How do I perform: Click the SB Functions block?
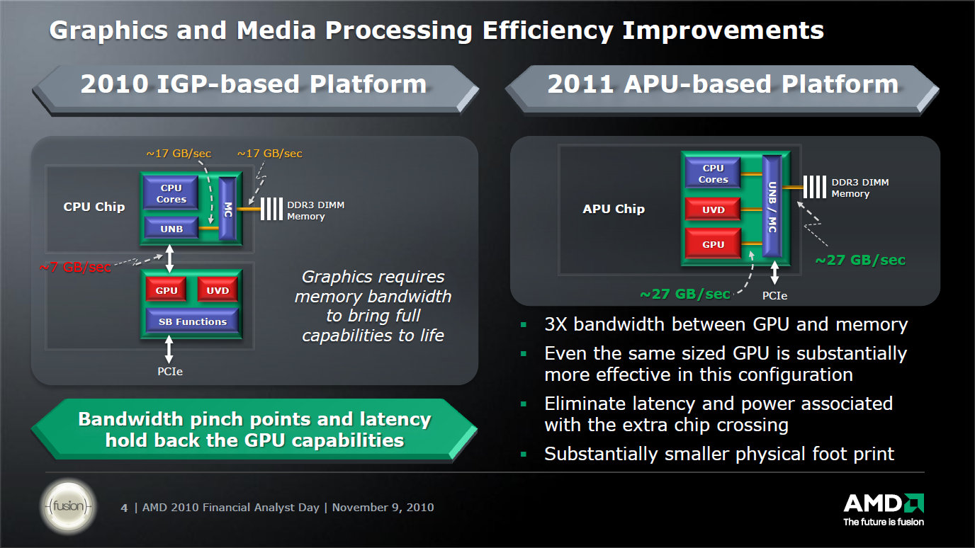pos(192,321)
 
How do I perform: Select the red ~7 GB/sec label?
pos(75,267)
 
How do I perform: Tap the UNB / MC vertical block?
pos(772,207)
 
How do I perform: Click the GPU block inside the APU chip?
pos(713,244)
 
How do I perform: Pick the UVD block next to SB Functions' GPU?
pos(217,290)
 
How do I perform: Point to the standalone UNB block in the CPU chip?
pos(171,229)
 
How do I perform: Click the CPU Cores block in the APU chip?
pos(713,174)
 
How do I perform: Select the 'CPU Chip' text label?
pos(94,207)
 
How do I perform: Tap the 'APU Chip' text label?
pos(613,209)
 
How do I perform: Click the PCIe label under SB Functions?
pos(169,371)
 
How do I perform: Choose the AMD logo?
pos(883,505)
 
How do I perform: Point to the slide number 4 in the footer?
pos(125,508)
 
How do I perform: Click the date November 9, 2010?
pos(383,508)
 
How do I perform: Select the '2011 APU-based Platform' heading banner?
pos(722,84)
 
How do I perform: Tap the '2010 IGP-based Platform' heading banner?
pos(253,84)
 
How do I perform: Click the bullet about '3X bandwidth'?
pos(726,325)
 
